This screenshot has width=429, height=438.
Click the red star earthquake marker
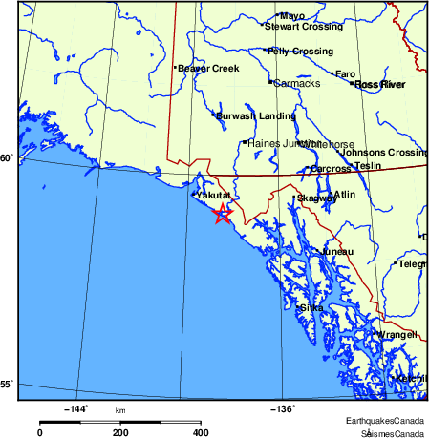click(222, 214)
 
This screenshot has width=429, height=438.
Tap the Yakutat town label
click(214, 195)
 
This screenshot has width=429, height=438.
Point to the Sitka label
click(311, 307)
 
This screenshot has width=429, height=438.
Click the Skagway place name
click(316, 198)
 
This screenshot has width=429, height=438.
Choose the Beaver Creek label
click(208, 68)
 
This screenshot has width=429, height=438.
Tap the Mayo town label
click(291, 16)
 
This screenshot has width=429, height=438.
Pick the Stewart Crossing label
click(303, 27)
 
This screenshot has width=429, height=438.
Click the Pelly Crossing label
click(301, 51)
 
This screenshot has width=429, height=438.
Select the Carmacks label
click(297, 83)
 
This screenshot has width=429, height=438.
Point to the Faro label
click(345, 73)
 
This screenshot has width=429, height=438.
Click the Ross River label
click(379, 85)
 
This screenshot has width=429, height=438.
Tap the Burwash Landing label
click(255, 115)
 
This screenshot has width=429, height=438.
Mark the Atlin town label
click(344, 194)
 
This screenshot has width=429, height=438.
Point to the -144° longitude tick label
click(76, 408)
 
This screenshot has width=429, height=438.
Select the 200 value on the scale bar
click(120, 432)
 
